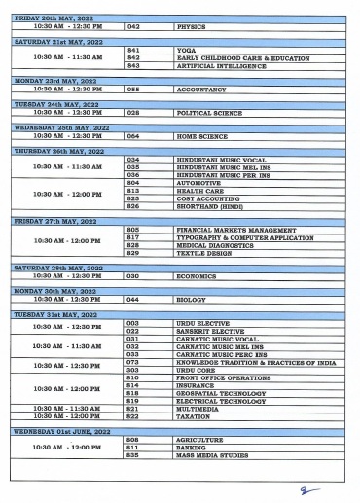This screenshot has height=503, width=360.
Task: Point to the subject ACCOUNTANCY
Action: point(198,88)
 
